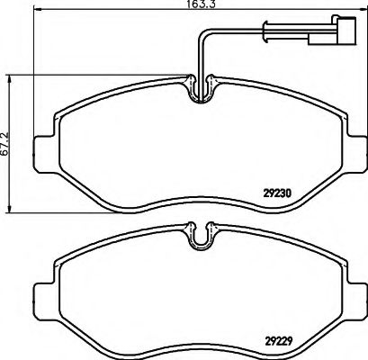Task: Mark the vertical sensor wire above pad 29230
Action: pos(199,54)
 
